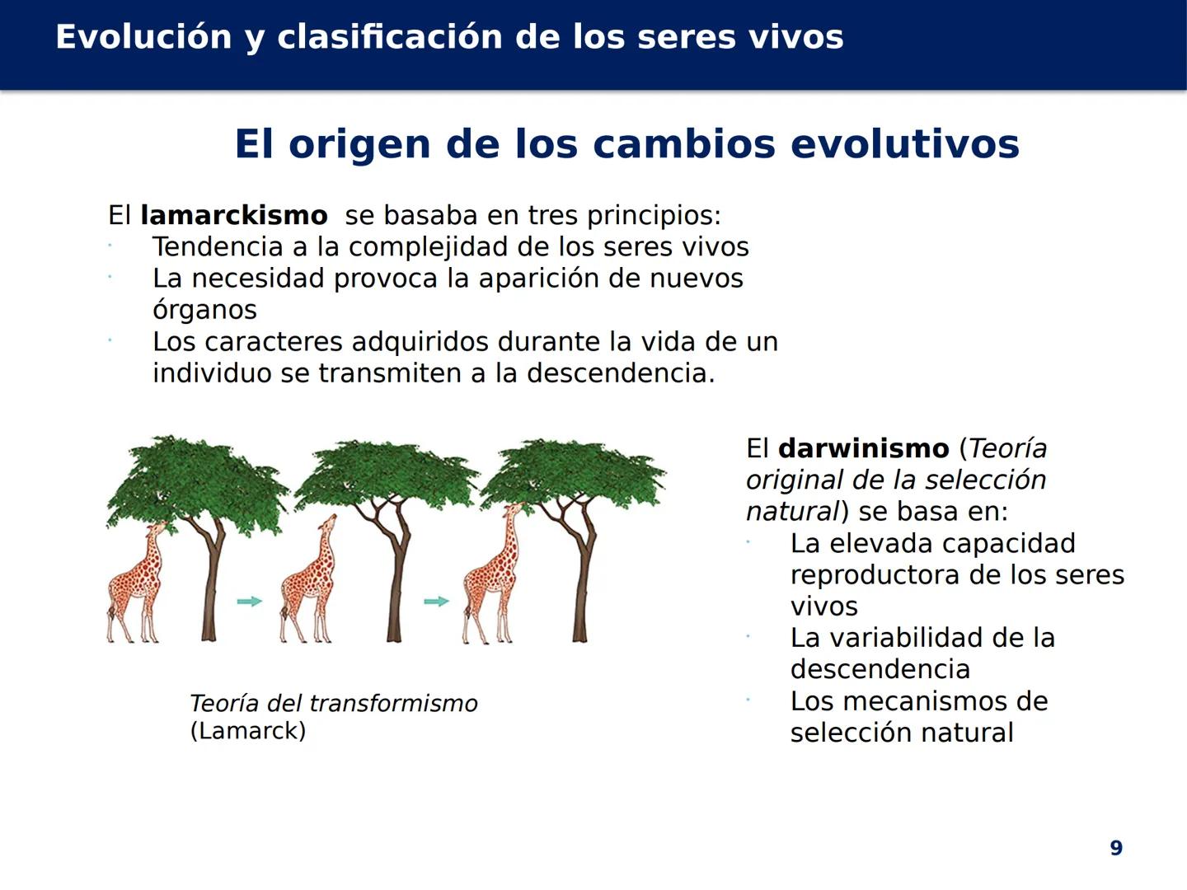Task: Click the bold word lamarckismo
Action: tap(233, 215)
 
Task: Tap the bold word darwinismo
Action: tap(864, 448)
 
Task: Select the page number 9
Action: tap(1116, 848)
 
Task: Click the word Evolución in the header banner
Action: tap(144, 37)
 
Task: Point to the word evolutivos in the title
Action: tap(905, 143)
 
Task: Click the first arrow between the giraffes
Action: tap(249, 602)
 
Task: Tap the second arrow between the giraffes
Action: tap(436, 602)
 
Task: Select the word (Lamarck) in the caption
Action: tap(248, 731)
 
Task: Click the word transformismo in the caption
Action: tap(394, 703)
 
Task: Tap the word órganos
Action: tap(204, 310)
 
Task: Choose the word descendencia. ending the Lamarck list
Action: tap(621, 372)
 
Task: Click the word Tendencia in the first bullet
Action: tap(218, 247)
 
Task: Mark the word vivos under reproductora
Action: tap(823, 607)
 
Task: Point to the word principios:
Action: tap(654, 216)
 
